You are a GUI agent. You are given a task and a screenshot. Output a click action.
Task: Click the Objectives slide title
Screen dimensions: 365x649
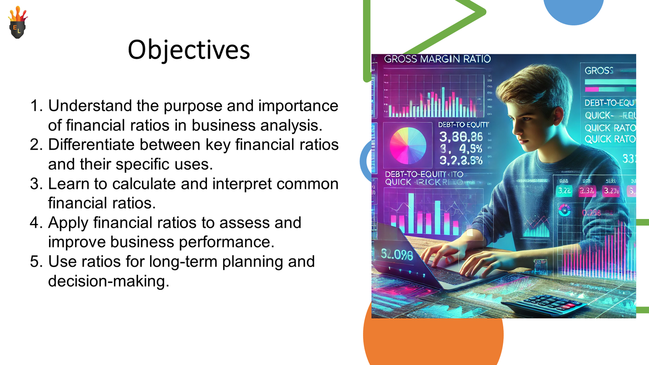189,50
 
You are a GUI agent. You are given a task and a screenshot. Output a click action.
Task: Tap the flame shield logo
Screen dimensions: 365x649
17,24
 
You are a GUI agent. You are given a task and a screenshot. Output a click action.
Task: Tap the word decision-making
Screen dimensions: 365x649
108,281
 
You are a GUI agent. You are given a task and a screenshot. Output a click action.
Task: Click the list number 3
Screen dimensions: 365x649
36,184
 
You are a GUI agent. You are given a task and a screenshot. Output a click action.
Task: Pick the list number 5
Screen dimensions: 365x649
36,262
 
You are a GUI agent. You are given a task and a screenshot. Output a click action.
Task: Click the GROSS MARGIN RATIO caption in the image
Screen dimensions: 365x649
437,59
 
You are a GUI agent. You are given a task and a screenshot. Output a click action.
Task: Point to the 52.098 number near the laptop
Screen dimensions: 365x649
397,255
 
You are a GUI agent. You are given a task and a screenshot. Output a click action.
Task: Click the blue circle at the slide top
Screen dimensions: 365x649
573,10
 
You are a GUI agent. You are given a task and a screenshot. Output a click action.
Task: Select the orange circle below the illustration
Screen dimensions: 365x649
433,341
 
